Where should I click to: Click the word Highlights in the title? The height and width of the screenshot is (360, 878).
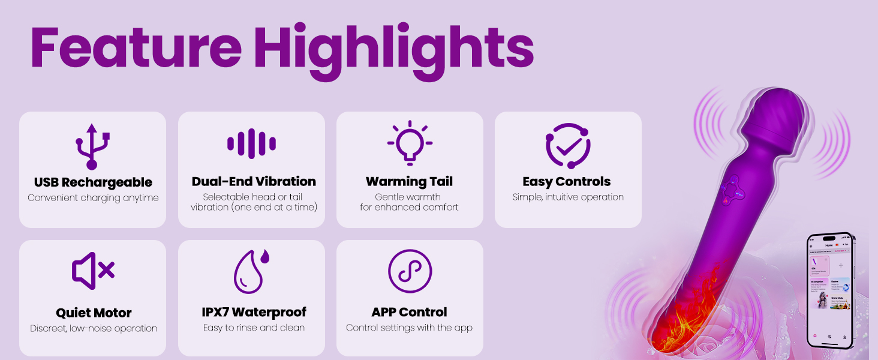393,47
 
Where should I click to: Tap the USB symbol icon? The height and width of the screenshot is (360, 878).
92,146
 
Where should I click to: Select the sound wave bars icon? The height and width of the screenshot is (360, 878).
251,144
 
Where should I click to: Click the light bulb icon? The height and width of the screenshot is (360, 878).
410,143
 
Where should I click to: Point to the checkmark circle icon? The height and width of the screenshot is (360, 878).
568,146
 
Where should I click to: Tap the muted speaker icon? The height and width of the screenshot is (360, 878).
93,271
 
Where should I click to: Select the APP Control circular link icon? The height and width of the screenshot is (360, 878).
410,271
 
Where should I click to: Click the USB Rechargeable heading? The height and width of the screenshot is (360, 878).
93,182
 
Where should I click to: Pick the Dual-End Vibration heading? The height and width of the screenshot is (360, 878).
254,181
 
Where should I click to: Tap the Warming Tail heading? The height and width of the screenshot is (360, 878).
409,181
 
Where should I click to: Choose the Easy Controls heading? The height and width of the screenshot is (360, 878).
566,181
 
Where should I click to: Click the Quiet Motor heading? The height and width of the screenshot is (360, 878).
94,313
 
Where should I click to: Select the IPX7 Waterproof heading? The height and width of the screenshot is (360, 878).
254,312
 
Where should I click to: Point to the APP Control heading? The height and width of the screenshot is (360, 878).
409,312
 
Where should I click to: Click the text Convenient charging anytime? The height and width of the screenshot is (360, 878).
93,198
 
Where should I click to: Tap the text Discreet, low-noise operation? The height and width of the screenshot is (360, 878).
94,328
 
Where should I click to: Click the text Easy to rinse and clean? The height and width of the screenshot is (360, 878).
254,328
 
